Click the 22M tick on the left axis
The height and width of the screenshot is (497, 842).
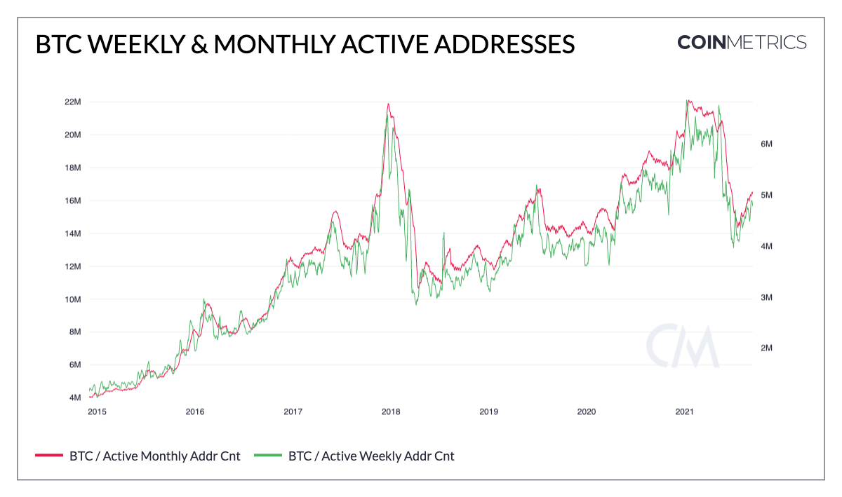(x=72, y=102)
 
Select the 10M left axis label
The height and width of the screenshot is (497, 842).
(x=72, y=299)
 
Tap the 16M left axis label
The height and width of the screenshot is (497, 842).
(x=72, y=200)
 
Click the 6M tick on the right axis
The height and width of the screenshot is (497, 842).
(x=766, y=144)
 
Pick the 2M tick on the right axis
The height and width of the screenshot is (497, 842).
(x=766, y=348)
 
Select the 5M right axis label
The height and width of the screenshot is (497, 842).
(x=766, y=195)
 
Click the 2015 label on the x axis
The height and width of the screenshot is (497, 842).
(x=97, y=411)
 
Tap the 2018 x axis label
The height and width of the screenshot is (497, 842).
(x=390, y=411)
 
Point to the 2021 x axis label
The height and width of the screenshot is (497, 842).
(x=684, y=411)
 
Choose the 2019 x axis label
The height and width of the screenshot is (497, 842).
(x=488, y=411)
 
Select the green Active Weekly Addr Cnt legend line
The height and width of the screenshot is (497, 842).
(x=268, y=456)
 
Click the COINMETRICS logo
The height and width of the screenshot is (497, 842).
(x=742, y=42)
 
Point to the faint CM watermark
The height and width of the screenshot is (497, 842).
(x=682, y=346)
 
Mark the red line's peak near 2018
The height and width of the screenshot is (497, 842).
(x=388, y=104)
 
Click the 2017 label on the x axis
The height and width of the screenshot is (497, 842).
(x=293, y=411)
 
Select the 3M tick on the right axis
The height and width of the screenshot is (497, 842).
(x=766, y=297)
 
